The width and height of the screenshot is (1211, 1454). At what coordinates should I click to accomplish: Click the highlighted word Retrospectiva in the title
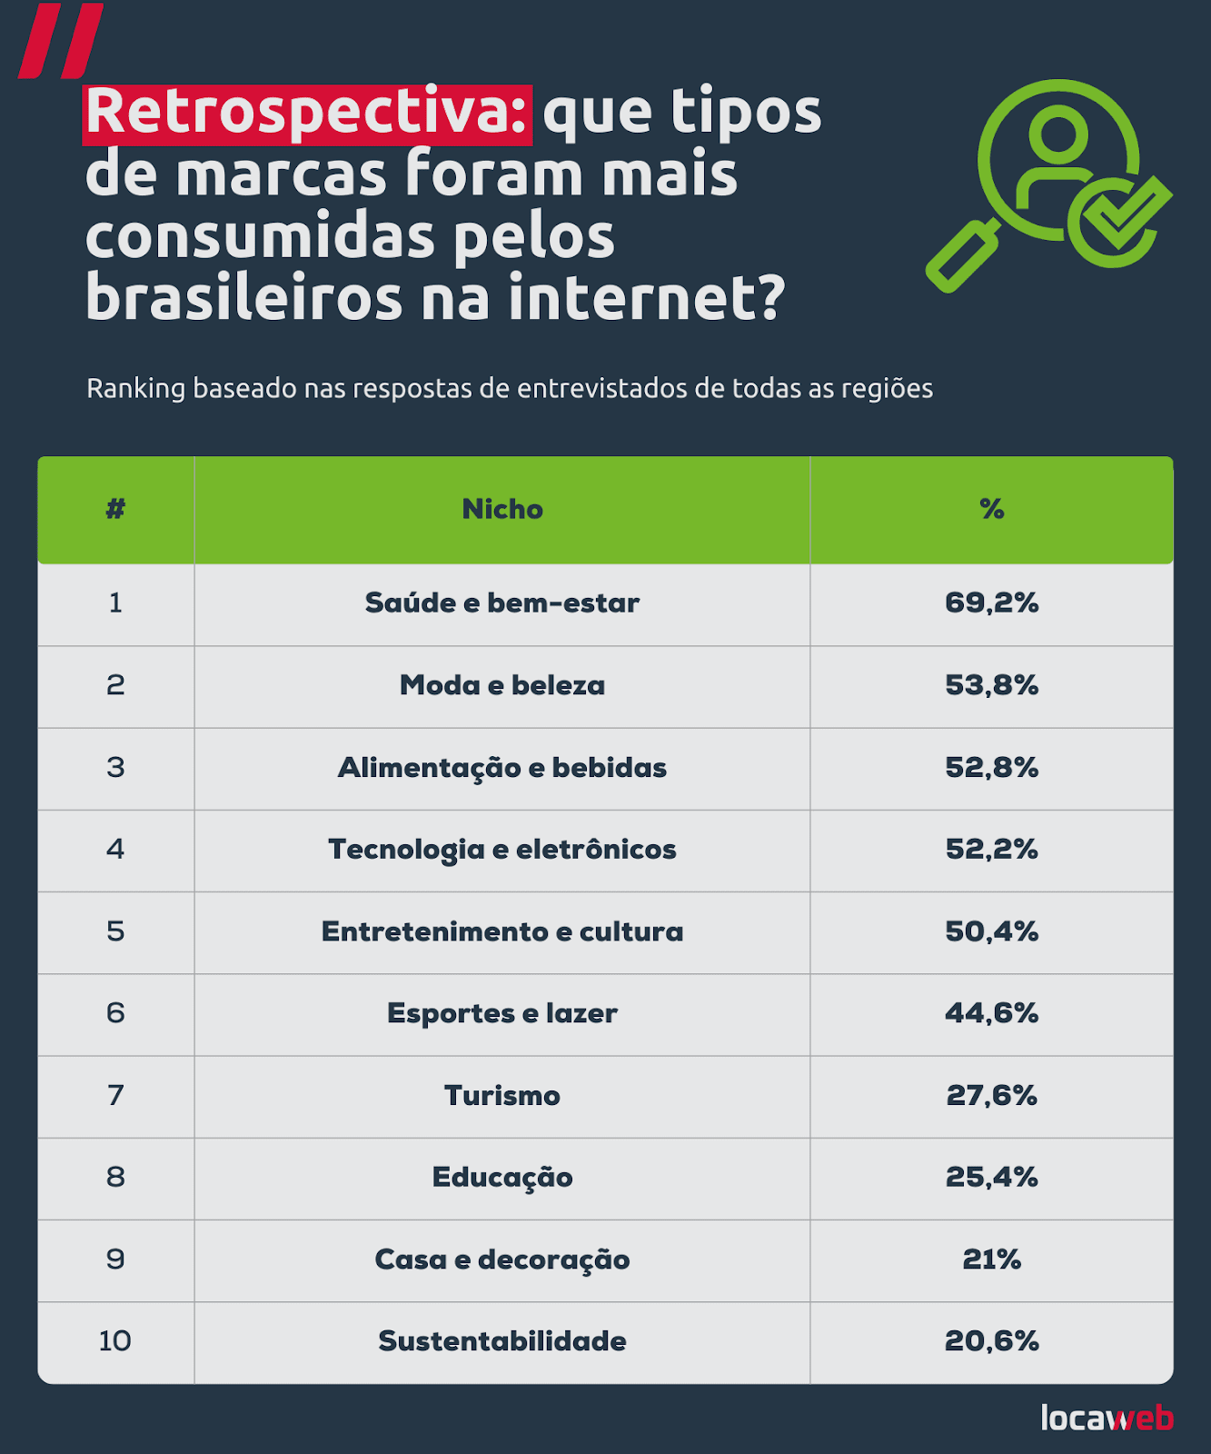[307, 114]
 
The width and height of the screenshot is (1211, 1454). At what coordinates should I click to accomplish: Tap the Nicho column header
[502, 509]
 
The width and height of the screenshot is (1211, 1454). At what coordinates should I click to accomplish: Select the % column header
[991, 509]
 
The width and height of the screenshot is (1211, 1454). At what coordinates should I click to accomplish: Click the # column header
[115, 509]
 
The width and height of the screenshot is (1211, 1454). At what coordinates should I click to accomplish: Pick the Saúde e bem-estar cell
[502, 603]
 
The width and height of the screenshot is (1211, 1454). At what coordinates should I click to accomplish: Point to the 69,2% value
[991, 603]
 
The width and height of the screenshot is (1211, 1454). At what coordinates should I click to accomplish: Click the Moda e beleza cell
[502, 685]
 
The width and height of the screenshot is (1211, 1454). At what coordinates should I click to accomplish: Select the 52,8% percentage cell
[991, 768]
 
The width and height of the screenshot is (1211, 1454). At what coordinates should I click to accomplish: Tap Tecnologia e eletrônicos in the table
[502, 850]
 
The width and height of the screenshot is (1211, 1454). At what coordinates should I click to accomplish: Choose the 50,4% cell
[991, 931]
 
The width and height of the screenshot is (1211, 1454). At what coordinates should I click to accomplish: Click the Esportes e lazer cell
[502, 1013]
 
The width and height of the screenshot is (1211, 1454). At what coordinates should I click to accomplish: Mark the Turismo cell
[502, 1096]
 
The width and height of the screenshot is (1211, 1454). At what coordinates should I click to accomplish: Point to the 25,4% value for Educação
[991, 1178]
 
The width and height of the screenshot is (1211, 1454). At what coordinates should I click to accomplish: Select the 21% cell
[991, 1260]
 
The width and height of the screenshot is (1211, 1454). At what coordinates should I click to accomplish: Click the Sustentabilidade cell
[502, 1341]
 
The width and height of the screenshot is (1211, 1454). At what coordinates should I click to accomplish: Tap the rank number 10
[115, 1341]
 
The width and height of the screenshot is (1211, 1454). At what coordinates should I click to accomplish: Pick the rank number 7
[115, 1096]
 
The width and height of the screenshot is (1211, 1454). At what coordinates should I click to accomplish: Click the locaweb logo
[1107, 1418]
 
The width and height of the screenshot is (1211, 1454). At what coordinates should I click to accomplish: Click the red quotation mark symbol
[61, 41]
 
